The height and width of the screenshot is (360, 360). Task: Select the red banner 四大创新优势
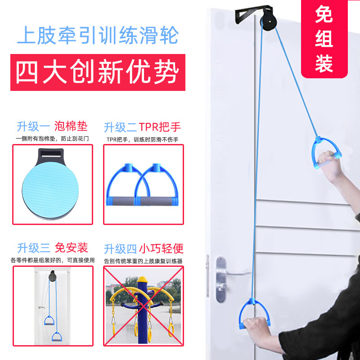[98, 72]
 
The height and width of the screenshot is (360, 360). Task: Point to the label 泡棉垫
[71, 126]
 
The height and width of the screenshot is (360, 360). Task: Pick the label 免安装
[71, 247]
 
